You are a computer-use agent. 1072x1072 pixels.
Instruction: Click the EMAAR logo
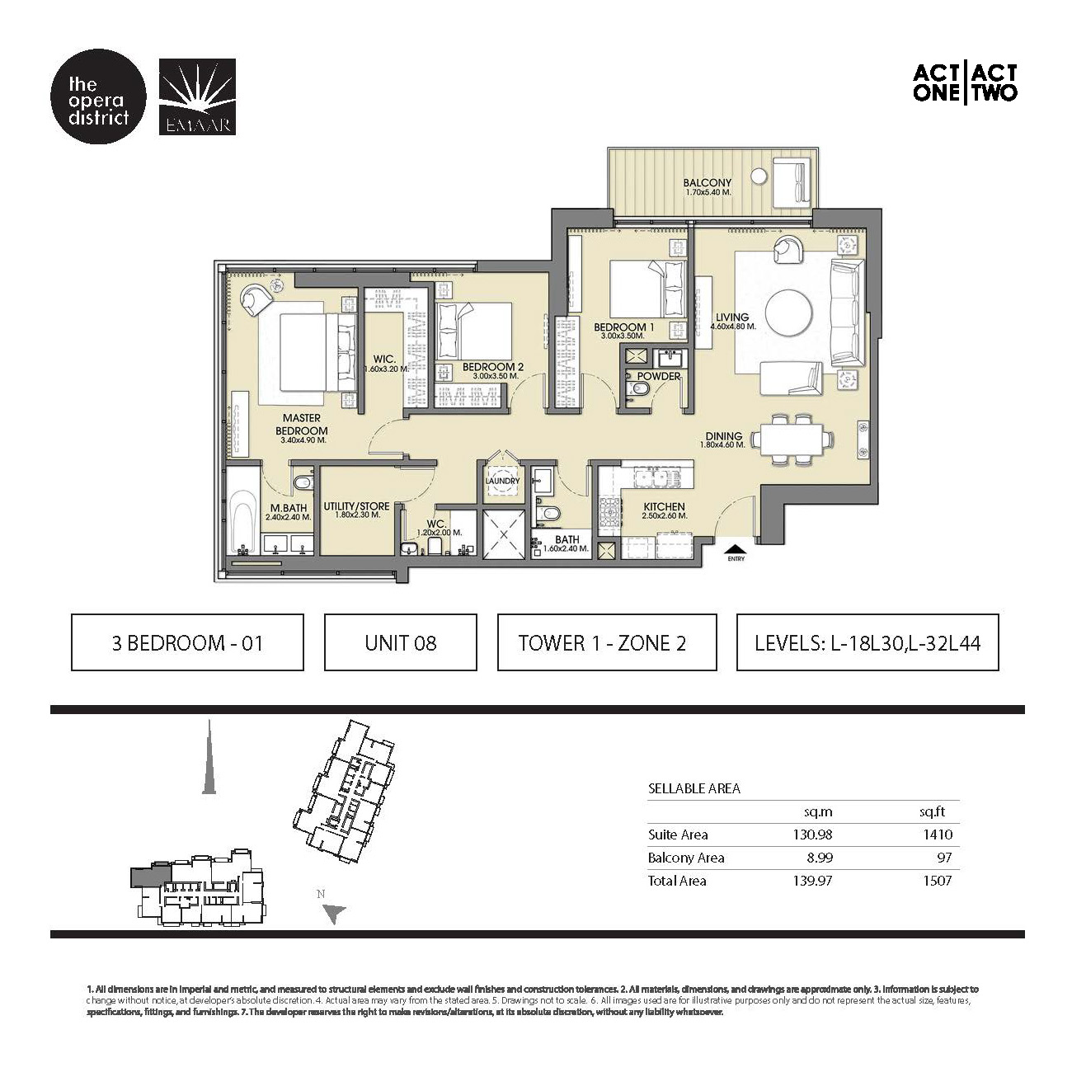click(197, 97)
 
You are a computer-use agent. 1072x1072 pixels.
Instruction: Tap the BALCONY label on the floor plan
click(707, 183)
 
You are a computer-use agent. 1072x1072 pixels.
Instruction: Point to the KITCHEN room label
click(664, 507)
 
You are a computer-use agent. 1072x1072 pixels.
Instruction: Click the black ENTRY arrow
click(736, 547)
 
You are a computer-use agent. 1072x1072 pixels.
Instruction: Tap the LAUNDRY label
click(502, 481)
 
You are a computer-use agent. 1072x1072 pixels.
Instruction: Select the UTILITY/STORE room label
click(356, 507)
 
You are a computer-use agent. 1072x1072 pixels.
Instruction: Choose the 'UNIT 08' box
click(400, 642)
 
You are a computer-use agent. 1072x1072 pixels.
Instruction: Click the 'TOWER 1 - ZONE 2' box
click(606, 642)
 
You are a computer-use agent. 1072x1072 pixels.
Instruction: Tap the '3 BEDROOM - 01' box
click(187, 642)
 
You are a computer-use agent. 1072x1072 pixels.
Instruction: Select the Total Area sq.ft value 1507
click(936, 881)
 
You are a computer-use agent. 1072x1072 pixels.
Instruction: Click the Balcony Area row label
click(685, 858)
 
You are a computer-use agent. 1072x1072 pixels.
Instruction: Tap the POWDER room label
click(659, 376)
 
